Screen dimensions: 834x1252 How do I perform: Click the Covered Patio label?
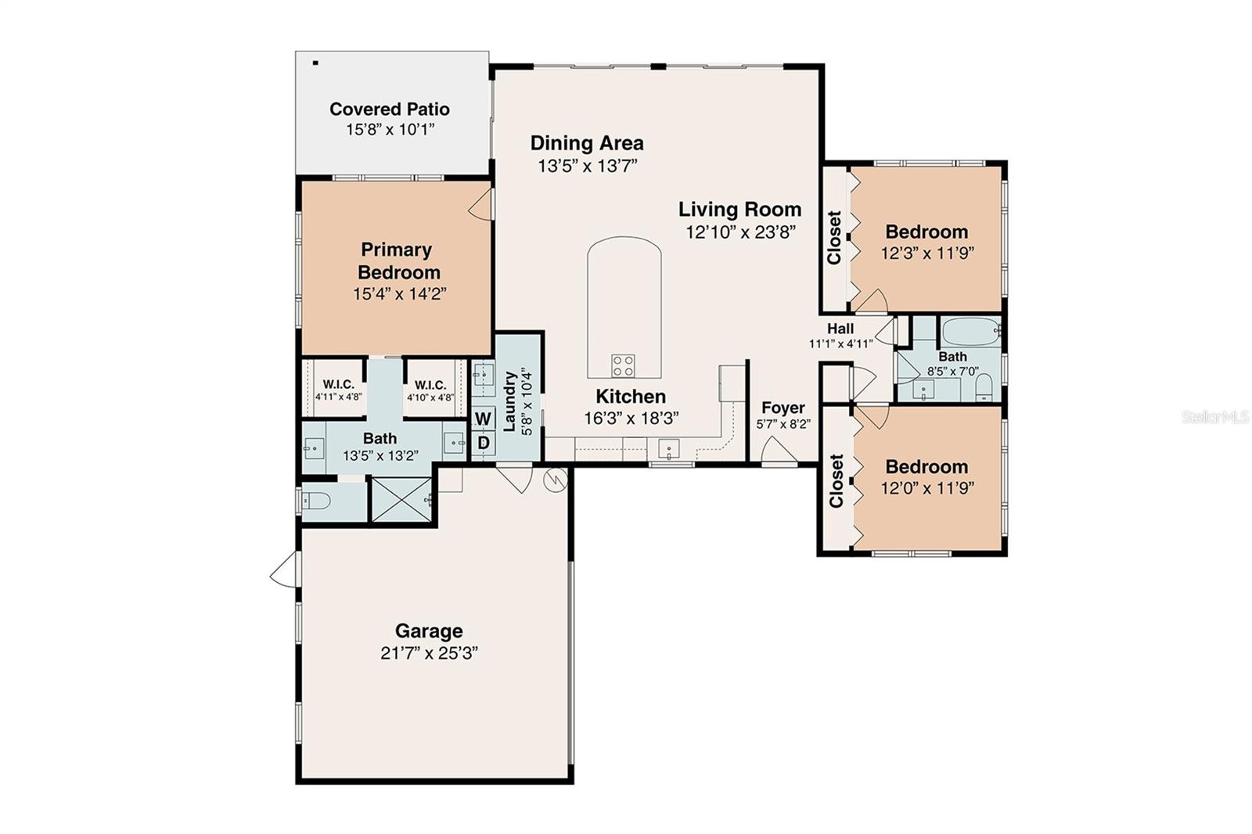tap(389, 109)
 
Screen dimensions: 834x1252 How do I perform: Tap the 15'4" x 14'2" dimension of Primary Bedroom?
tap(399, 294)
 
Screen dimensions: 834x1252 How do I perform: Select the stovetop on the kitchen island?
tap(624, 365)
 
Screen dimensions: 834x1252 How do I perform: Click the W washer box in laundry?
tap(483, 419)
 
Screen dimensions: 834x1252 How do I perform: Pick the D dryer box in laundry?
tap(483, 443)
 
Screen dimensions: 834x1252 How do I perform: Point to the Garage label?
tap(428, 631)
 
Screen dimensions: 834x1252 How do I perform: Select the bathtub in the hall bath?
tap(971, 332)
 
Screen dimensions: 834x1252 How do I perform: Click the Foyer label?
tap(782, 408)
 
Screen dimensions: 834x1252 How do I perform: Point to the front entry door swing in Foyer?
tap(778, 451)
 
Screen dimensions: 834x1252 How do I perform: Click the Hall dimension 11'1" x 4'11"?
tap(840, 343)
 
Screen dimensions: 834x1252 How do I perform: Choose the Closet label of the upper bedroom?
tap(834, 238)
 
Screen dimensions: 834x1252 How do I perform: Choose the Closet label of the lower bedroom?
tap(836, 481)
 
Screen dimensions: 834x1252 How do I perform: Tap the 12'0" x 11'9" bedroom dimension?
tap(926, 488)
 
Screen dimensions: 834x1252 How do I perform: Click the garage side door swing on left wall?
tap(283, 570)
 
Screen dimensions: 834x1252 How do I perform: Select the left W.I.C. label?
tap(338, 385)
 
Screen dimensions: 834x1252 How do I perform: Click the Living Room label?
tap(739, 210)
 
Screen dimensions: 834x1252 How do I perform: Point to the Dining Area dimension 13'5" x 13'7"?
tap(587, 166)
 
